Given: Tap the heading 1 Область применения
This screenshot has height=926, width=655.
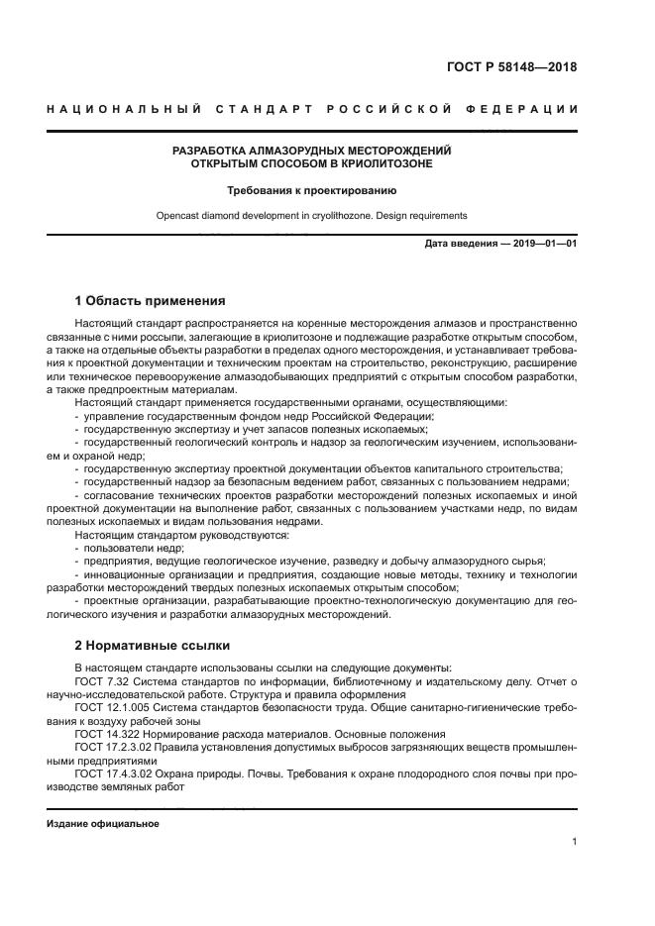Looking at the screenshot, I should tap(151, 300).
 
